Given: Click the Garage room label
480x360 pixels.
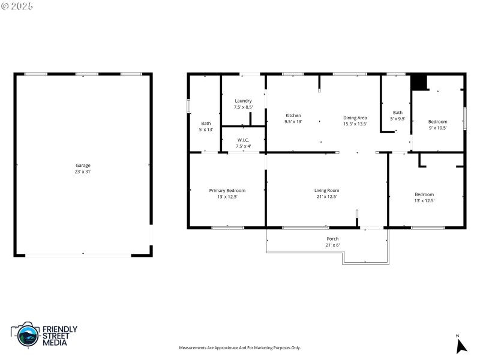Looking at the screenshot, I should pyautogui.click(x=83, y=165).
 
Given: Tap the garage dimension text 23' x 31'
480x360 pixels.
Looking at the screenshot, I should pyautogui.click(x=83, y=172).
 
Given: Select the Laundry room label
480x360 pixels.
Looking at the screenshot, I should pyautogui.click(x=243, y=101).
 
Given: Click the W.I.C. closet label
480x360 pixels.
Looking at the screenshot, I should pyautogui.click(x=243, y=140).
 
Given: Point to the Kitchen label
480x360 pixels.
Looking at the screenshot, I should pyautogui.click(x=293, y=115).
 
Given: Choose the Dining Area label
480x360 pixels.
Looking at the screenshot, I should pyautogui.click(x=355, y=118).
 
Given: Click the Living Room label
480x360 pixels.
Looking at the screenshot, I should pyautogui.click(x=326, y=190).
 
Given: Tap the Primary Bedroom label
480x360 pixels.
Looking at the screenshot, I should pyautogui.click(x=227, y=190).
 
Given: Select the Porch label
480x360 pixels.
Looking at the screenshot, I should pyautogui.click(x=332, y=239).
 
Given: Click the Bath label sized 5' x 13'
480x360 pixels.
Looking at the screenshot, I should pyautogui.click(x=206, y=123).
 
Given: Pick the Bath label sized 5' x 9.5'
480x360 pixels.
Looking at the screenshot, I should pyautogui.click(x=398, y=112).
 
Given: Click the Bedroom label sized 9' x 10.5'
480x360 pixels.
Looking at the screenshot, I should pyautogui.click(x=437, y=121).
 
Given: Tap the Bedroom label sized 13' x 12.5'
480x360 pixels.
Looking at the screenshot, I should pyautogui.click(x=424, y=194).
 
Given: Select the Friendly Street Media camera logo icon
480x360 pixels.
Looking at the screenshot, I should pyautogui.click(x=25, y=334).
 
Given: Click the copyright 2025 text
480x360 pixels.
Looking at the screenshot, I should pyautogui.click(x=17, y=6).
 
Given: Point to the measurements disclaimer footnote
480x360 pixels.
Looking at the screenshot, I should pyautogui.click(x=240, y=348).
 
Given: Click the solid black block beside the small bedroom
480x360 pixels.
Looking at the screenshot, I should pyautogui.click(x=418, y=82).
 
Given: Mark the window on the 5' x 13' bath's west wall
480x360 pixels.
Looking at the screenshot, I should pyautogui.click(x=188, y=106).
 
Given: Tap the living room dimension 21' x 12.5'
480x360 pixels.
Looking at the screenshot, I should pyautogui.click(x=326, y=197).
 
